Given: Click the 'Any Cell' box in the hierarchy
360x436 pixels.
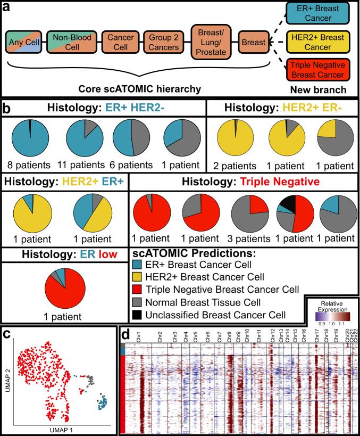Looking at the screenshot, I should click(x=23, y=40).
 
